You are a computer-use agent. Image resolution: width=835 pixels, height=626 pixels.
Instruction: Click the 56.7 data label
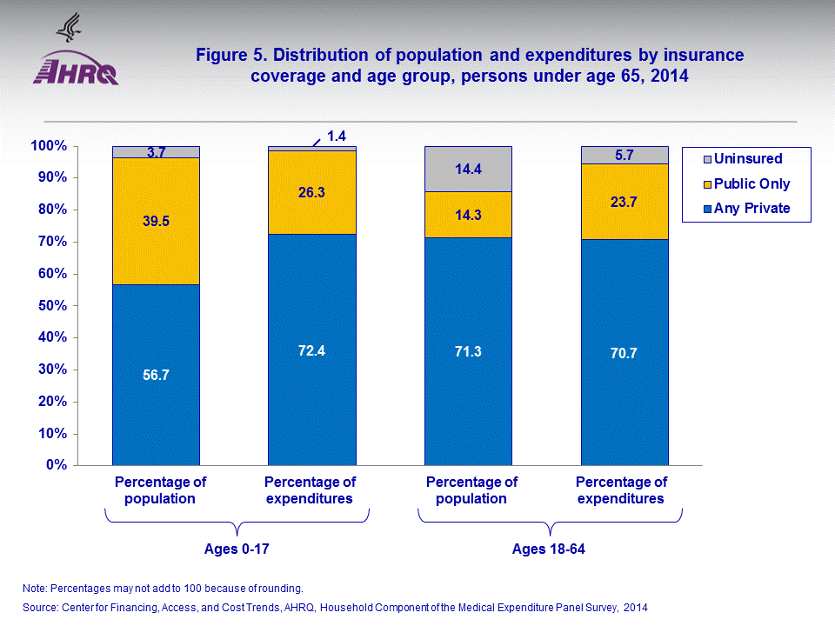click(x=156, y=375)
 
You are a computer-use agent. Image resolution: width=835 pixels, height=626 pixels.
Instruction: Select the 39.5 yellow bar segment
click(x=156, y=221)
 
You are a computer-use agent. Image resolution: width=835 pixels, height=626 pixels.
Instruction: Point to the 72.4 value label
click(x=311, y=350)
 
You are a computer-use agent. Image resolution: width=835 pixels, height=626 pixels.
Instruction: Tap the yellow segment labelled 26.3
click(x=311, y=192)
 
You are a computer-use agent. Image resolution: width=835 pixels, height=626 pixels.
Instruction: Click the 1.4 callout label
click(x=337, y=135)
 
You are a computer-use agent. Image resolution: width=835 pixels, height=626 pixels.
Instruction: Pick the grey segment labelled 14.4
click(x=468, y=169)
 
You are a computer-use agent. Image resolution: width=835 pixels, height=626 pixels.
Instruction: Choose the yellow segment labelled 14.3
click(x=468, y=214)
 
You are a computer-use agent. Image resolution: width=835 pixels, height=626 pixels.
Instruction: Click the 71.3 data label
click(x=468, y=351)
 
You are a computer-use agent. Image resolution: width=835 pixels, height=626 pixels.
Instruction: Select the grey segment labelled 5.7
click(x=625, y=155)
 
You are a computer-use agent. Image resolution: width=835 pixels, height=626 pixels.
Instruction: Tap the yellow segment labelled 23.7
click(x=625, y=202)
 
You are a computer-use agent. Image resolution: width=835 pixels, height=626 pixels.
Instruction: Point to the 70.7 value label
click(x=625, y=353)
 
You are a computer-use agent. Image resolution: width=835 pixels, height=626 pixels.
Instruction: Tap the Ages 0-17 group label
click(x=237, y=549)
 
